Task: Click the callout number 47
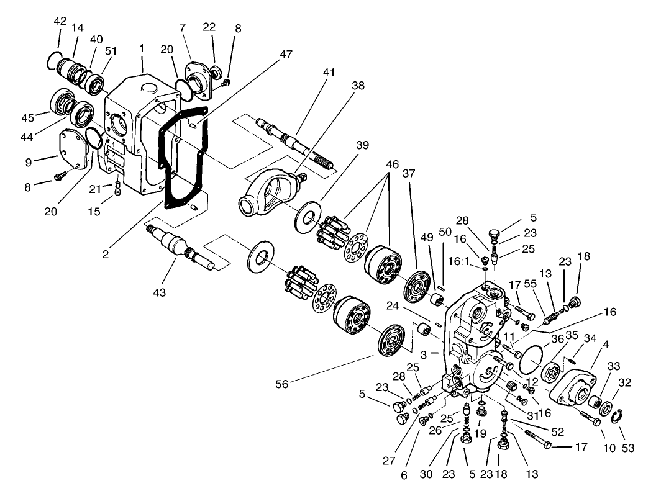(x=285, y=55)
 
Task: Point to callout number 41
(x=329, y=72)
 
